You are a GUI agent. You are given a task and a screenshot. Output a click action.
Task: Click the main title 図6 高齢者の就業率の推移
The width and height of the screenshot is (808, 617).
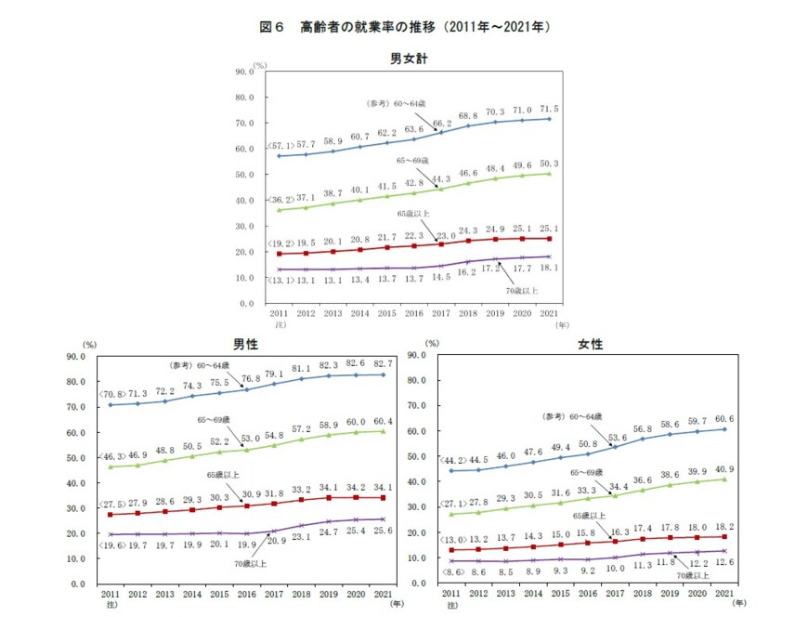(x=405, y=27)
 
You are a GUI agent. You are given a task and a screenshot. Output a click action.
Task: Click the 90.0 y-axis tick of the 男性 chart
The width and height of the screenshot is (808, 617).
(x=72, y=355)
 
